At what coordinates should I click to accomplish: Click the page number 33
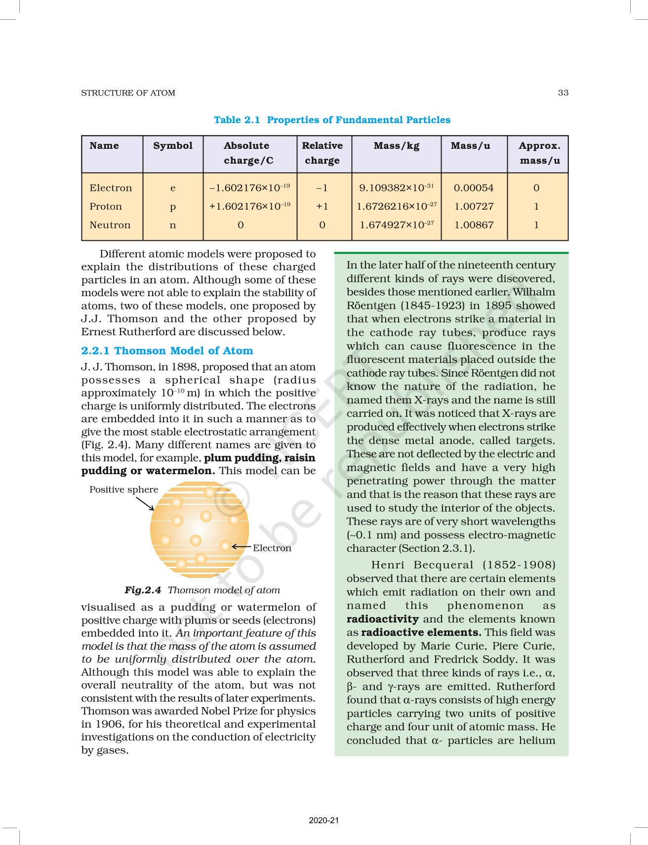[x=563, y=92]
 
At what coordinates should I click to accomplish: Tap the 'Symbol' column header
[x=173, y=145]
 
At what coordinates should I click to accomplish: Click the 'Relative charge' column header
[x=322, y=153]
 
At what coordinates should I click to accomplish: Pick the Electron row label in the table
[x=111, y=188]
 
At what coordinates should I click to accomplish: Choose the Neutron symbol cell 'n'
[x=173, y=225]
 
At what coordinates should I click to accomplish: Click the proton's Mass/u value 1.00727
[x=474, y=206]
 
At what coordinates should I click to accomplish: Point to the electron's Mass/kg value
[x=396, y=188]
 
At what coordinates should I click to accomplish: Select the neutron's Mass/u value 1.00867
[x=474, y=225]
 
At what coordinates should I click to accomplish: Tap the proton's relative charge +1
[x=322, y=206]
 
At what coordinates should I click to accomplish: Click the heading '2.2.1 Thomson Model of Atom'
[x=167, y=351]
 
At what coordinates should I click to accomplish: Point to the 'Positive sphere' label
[x=123, y=489]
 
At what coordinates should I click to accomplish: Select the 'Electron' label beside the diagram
[x=272, y=548]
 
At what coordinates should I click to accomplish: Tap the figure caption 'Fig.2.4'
[x=143, y=590]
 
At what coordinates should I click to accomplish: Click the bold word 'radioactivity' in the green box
[x=382, y=619]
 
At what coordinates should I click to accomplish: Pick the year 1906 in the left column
[x=108, y=724]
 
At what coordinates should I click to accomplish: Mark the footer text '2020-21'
[x=324, y=820]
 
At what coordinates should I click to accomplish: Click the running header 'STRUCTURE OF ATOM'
[x=128, y=93]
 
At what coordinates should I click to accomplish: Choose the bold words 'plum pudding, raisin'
[x=259, y=458]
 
